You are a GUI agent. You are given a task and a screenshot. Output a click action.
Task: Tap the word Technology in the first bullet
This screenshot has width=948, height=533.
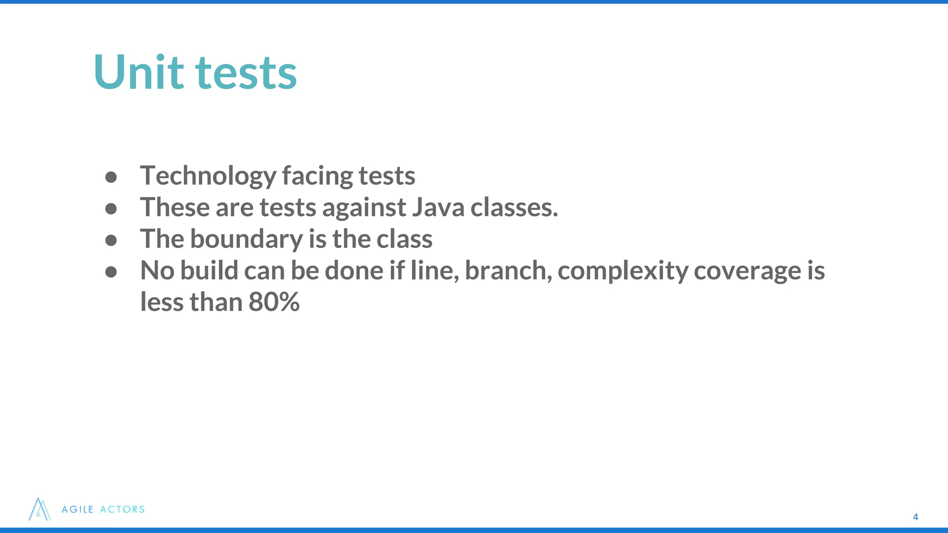[208, 176]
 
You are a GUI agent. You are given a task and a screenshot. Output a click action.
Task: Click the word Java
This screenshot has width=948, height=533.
[438, 207]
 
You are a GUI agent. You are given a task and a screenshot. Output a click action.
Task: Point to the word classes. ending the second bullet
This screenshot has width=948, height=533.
[514, 207]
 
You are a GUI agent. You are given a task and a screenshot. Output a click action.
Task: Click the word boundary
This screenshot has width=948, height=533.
[247, 239]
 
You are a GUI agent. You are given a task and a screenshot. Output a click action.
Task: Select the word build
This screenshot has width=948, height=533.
[209, 270]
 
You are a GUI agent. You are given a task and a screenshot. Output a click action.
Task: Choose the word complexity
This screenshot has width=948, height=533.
[623, 271]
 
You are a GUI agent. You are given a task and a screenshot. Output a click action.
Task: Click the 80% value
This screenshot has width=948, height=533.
[274, 302]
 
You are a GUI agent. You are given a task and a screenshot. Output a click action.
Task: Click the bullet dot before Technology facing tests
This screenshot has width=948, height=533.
[111, 177]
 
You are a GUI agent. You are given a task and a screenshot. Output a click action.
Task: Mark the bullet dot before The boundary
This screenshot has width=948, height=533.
[111, 240]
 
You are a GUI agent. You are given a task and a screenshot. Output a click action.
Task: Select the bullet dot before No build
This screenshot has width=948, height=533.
[111, 272]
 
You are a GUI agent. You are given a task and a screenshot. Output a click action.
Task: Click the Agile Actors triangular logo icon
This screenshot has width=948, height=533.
[40, 509]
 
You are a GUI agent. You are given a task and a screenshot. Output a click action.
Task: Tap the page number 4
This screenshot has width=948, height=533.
[915, 517]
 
